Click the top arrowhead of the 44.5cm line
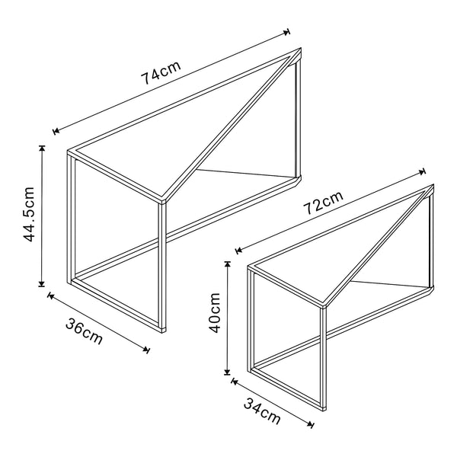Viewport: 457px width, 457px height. (42, 147)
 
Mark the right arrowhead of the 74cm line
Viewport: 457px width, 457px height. (288, 32)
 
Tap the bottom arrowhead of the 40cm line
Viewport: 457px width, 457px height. (227, 372)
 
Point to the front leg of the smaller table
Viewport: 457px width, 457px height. (324, 358)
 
